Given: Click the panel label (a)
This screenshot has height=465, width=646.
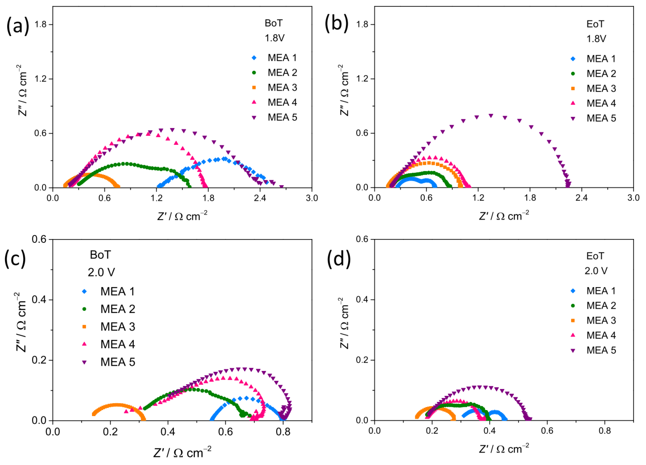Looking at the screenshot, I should [x=18, y=26].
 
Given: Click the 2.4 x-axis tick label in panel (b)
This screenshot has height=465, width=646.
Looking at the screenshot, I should [x=582, y=198].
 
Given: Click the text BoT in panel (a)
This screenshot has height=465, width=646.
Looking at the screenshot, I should [x=273, y=23].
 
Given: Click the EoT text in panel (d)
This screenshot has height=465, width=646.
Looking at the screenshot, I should [x=595, y=256].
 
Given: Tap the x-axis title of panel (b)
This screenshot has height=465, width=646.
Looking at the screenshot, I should [x=503, y=216].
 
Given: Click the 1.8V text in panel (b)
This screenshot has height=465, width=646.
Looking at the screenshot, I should [x=596, y=39].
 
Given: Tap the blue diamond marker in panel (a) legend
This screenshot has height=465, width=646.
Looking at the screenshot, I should [x=254, y=58].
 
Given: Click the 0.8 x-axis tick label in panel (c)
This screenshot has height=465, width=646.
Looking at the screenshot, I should [x=283, y=432].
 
